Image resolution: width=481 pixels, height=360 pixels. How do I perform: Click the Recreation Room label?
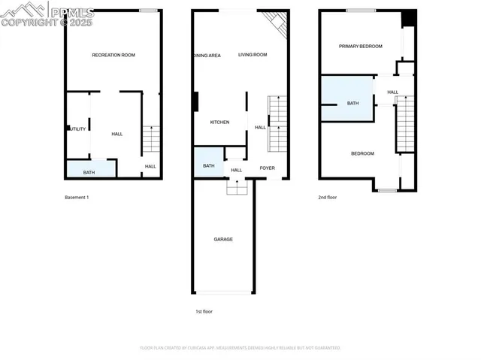[x=113, y=55]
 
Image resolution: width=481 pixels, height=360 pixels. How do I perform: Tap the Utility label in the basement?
[x=78, y=129]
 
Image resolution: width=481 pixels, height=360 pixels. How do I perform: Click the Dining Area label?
[x=207, y=55]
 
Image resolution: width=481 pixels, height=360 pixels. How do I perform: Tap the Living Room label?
[x=253, y=55]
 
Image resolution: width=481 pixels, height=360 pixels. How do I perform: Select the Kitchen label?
[x=219, y=123]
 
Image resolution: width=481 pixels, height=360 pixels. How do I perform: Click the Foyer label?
[x=267, y=168]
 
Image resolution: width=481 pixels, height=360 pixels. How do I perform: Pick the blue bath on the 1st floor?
[x=209, y=164]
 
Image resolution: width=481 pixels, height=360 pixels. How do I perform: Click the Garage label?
[x=223, y=239]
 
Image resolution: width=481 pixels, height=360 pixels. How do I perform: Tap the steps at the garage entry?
[x=237, y=188]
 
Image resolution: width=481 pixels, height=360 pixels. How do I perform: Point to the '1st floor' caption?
[x=205, y=310]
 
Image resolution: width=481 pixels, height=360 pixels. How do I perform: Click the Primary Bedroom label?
[x=360, y=47]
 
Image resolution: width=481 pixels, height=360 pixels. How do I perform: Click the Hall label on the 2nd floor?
[x=392, y=92]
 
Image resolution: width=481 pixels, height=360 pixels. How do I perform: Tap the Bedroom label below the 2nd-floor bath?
[x=362, y=153]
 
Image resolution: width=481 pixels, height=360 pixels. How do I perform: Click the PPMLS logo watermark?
[x=47, y=14]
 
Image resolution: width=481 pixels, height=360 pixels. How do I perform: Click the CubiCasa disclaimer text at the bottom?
[x=240, y=348]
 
